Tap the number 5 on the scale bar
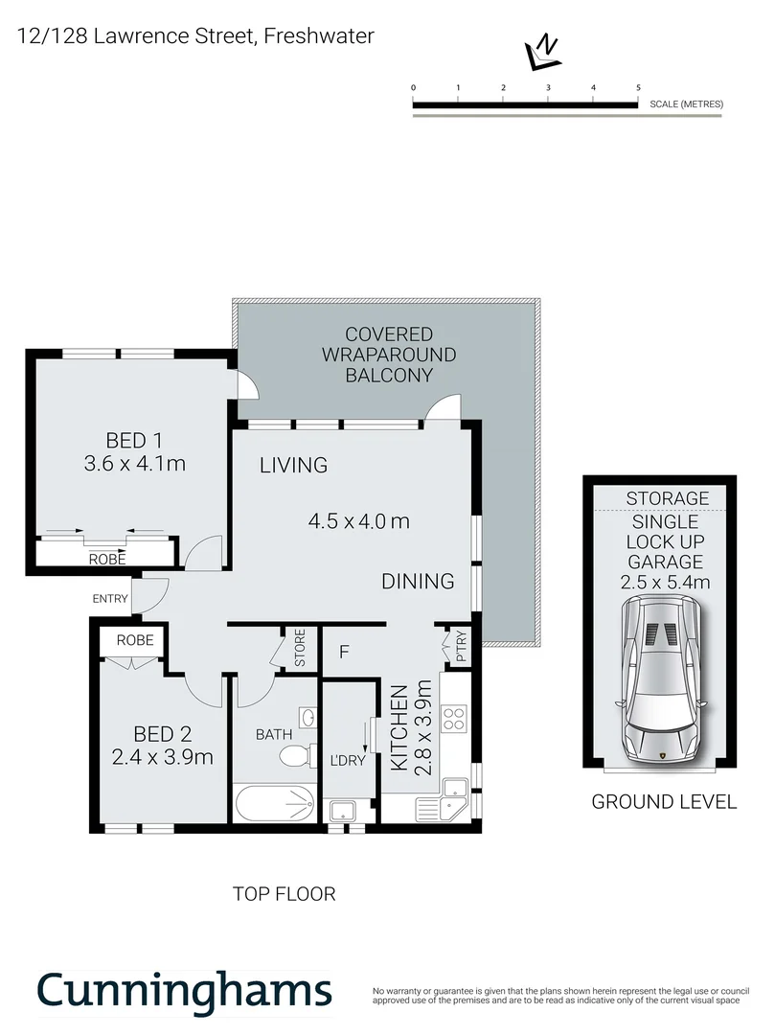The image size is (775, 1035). [x=638, y=87]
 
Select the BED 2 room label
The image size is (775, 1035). [x=162, y=735]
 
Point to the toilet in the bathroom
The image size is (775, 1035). [x=297, y=756]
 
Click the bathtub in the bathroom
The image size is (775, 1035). [x=274, y=803]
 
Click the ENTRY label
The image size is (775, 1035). [x=110, y=599]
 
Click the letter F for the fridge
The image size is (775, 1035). [x=342, y=654]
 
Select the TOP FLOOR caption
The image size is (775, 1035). [x=285, y=894]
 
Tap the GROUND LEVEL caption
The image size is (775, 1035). [x=664, y=802]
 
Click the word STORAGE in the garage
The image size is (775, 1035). [x=668, y=498]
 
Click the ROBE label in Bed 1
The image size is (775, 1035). [x=106, y=559]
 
